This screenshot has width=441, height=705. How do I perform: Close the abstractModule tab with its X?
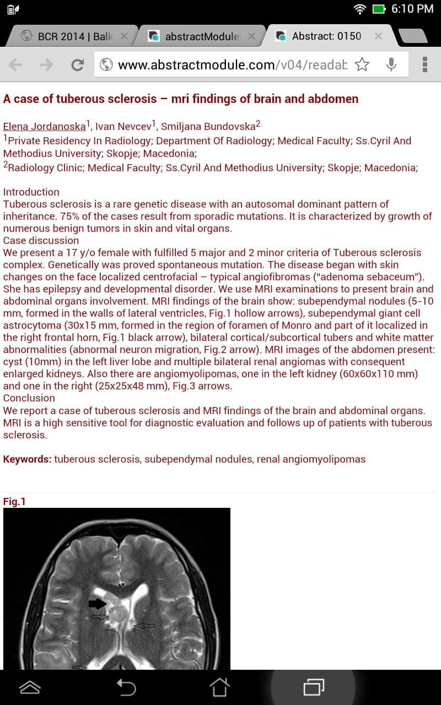251,36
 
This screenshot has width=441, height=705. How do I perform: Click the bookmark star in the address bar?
362,65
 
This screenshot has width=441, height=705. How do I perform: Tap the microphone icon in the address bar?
391,65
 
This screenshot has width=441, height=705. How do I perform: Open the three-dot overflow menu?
424,65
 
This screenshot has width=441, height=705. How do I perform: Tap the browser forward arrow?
46,65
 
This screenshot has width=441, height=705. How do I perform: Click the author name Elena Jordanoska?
44,126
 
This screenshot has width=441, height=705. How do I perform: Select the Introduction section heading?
31,192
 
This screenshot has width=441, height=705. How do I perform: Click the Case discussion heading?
41,241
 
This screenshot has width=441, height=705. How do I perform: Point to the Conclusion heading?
29,398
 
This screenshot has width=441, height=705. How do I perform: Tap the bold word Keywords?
27,459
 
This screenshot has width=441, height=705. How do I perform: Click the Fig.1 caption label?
14,501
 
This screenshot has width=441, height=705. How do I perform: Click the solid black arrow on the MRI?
97,604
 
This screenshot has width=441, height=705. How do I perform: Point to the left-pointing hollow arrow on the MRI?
144,626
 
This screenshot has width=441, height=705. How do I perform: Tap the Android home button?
219,687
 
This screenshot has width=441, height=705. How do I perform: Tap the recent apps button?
313,687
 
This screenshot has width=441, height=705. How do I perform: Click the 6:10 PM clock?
412,9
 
